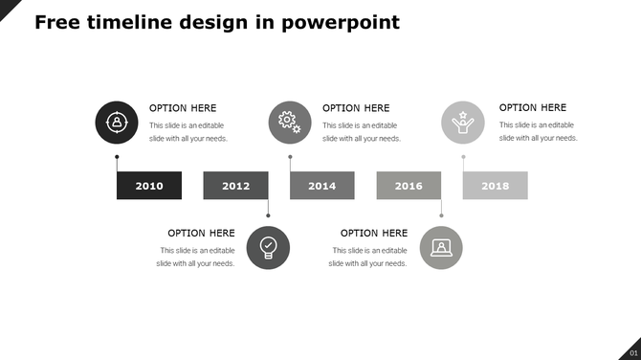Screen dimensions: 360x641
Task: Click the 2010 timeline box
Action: (x=149, y=186)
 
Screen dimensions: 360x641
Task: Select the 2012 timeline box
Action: (x=235, y=186)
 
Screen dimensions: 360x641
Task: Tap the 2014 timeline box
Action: (x=321, y=186)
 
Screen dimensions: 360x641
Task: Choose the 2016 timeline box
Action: (x=409, y=186)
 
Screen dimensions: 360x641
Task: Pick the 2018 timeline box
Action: (x=495, y=186)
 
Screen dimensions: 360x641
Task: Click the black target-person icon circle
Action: (x=117, y=123)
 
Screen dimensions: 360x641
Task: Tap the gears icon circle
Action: (x=290, y=123)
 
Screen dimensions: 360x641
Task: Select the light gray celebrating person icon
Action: (x=463, y=123)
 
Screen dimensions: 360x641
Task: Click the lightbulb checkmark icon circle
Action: (x=268, y=247)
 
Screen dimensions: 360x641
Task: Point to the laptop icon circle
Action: (x=441, y=247)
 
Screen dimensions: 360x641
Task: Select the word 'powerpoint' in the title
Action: (x=341, y=22)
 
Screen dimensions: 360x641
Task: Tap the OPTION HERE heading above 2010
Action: (x=183, y=108)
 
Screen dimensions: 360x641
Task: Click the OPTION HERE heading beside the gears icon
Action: (x=356, y=108)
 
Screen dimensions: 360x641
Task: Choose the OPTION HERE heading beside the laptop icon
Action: (x=374, y=233)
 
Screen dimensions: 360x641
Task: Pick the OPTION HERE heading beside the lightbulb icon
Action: (x=201, y=233)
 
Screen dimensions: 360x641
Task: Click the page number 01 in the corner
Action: (x=632, y=353)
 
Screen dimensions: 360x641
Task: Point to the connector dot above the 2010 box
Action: (x=117, y=157)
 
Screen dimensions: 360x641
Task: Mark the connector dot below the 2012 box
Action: (x=268, y=215)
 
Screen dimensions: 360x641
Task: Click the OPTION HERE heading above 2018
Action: (x=533, y=108)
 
